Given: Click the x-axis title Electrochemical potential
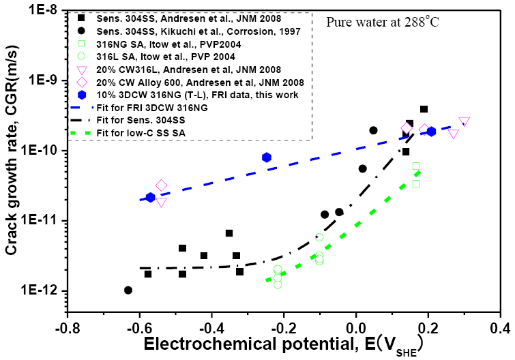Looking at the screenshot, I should (225, 346).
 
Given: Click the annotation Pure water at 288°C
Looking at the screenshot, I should (381, 21).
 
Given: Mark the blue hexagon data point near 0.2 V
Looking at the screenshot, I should (430, 132).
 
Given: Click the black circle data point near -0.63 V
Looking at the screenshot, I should (128, 290).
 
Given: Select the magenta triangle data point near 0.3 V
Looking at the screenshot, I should (464, 122).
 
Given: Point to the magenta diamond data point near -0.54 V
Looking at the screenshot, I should (161, 185).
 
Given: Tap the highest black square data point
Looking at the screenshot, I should (424, 109).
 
